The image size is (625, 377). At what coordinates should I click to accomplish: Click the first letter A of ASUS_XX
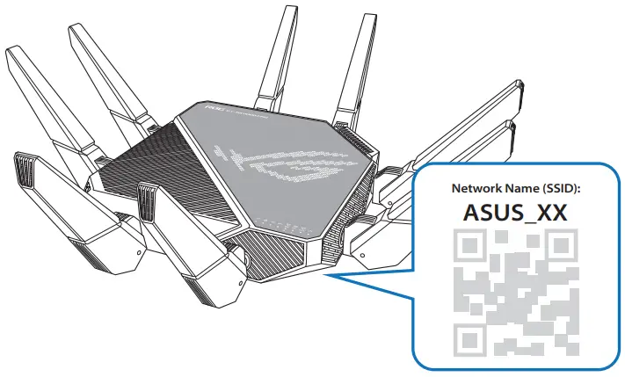pyautogui.click(x=470, y=214)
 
